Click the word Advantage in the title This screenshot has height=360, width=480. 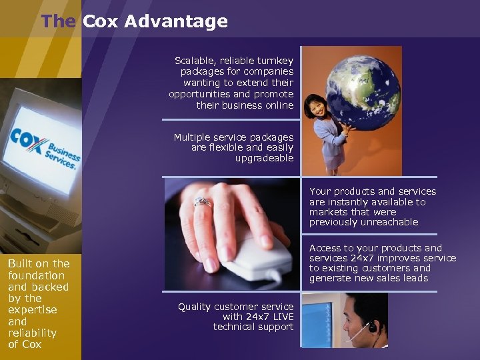(176, 21)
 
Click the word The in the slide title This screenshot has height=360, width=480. (58, 21)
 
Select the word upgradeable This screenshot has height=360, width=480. (264, 158)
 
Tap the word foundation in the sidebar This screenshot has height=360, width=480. (36, 275)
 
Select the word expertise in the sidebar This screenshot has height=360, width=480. (32, 310)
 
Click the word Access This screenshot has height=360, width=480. (325, 248)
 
